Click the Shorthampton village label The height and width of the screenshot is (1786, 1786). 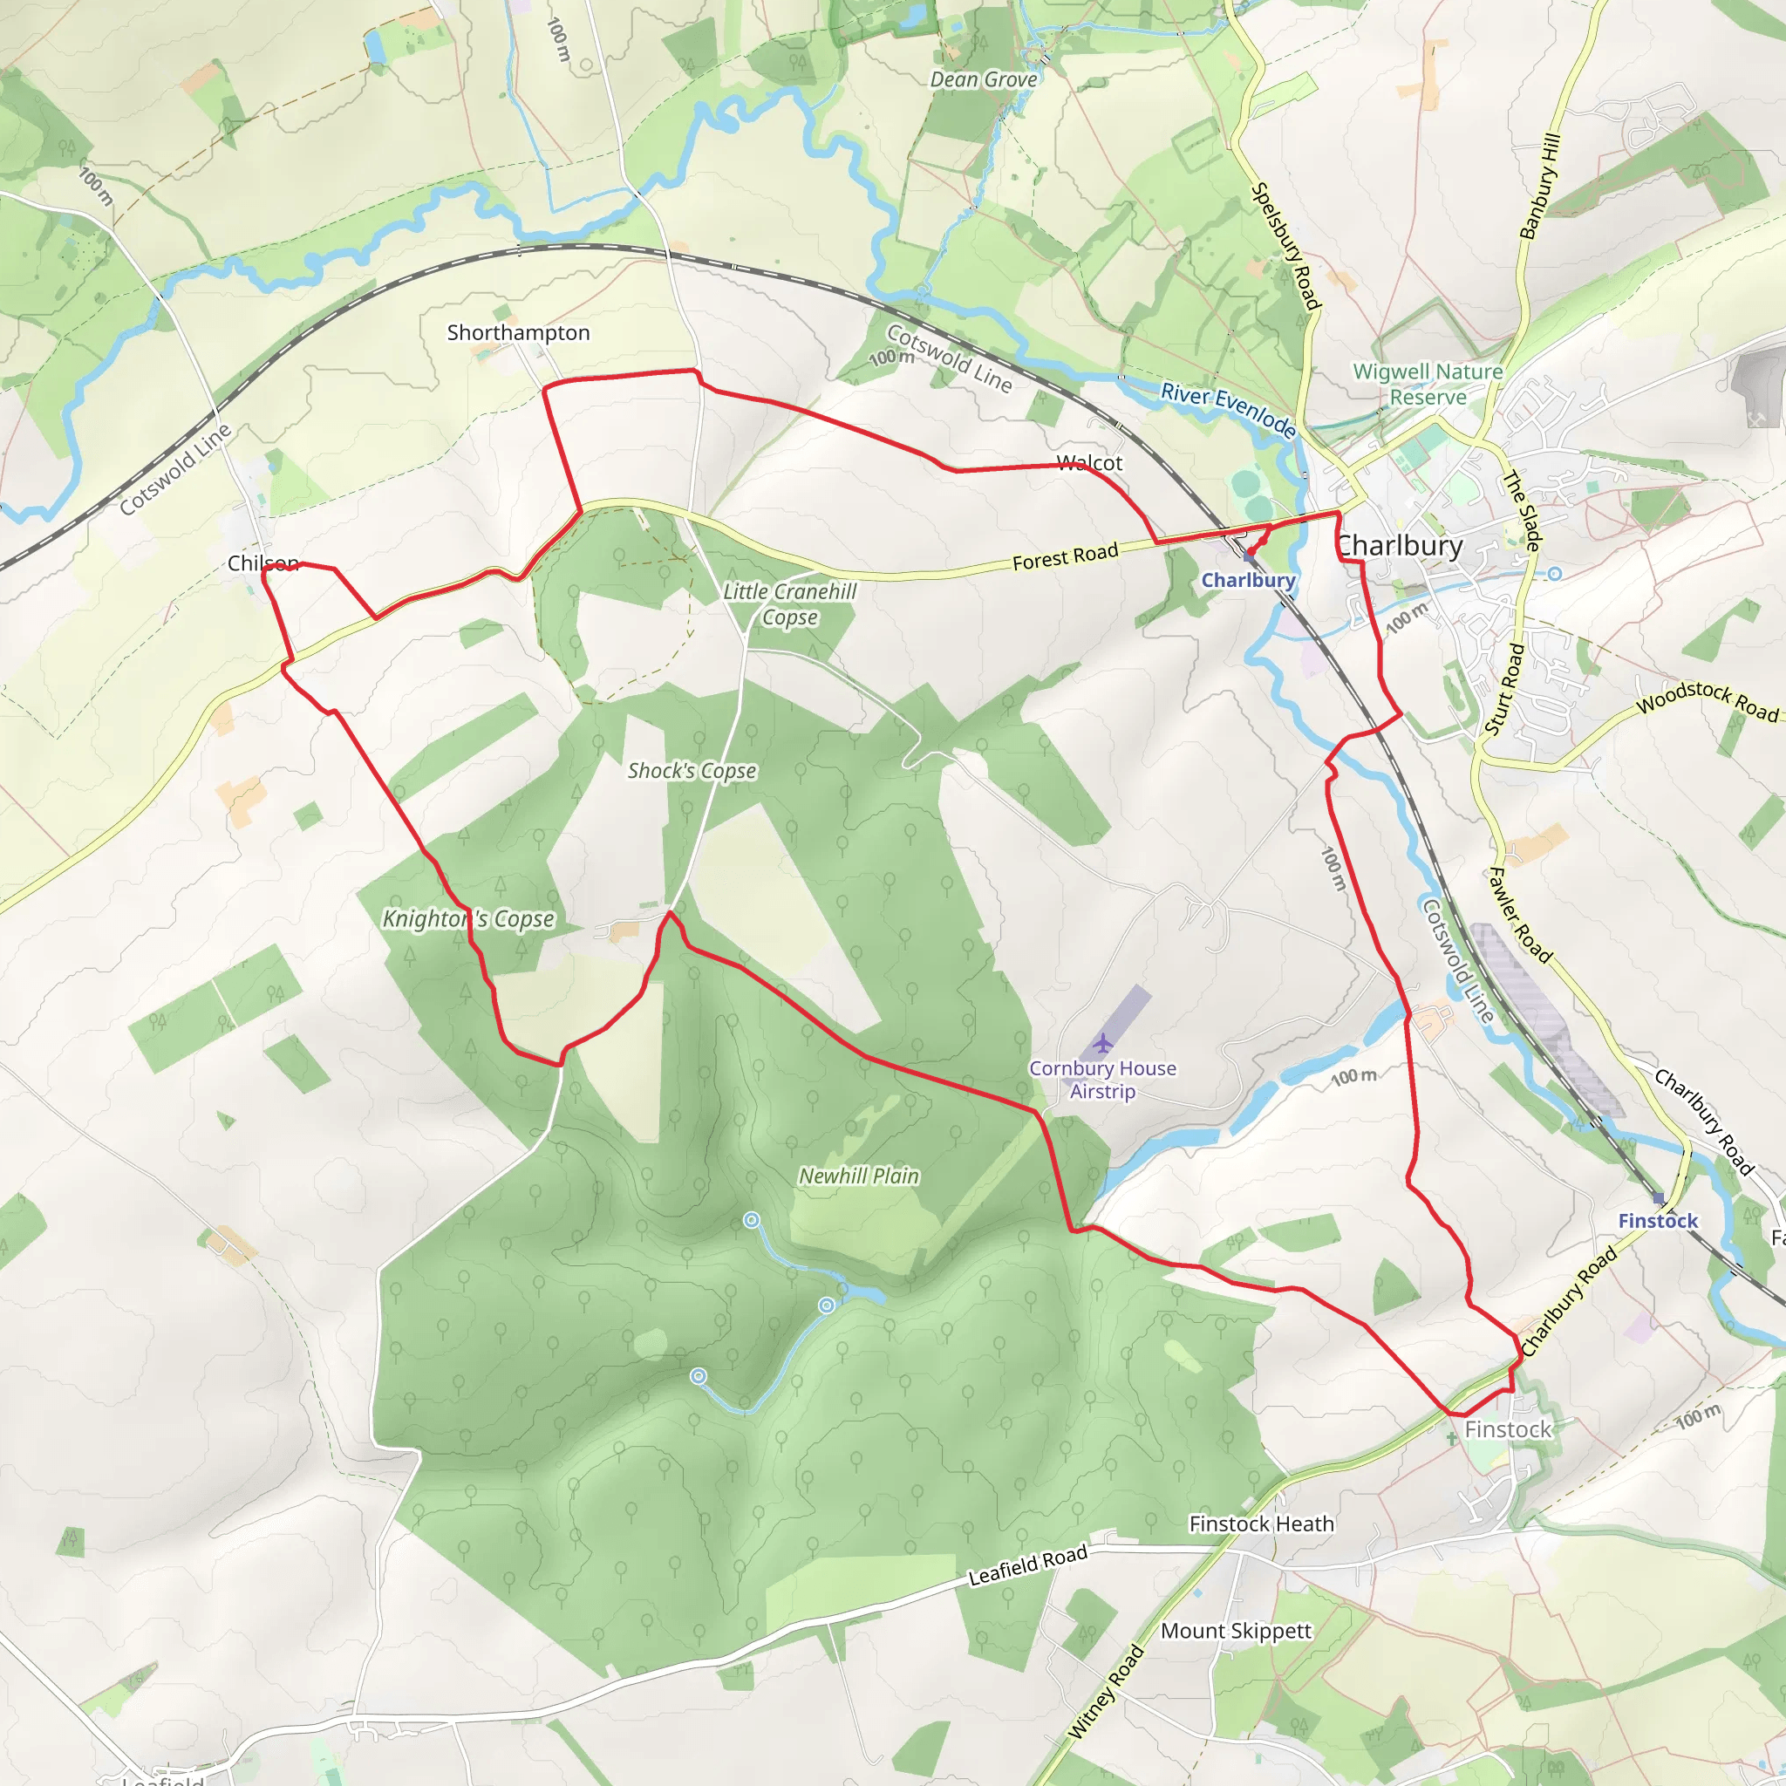pyautogui.click(x=518, y=333)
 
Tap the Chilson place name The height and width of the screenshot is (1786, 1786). pyautogui.click(x=263, y=563)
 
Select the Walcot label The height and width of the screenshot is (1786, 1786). pyautogui.click(x=1089, y=462)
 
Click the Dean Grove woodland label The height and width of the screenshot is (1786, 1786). pyautogui.click(x=984, y=79)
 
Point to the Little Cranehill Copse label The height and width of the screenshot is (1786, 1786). pyautogui.click(x=789, y=604)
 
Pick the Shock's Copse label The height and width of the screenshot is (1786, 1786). pyautogui.click(x=692, y=771)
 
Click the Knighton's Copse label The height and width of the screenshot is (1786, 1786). pyautogui.click(x=468, y=919)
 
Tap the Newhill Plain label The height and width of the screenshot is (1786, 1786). pyautogui.click(x=859, y=1176)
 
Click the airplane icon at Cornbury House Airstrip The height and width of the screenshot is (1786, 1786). pyautogui.click(x=1103, y=1044)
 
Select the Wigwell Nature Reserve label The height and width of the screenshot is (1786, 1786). pyautogui.click(x=1428, y=384)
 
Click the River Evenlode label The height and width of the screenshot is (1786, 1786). pyautogui.click(x=1228, y=410)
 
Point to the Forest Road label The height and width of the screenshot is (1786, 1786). pyautogui.click(x=1065, y=556)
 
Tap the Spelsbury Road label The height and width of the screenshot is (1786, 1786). pyautogui.click(x=1285, y=245)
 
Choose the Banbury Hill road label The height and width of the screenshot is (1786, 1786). pyautogui.click(x=1540, y=186)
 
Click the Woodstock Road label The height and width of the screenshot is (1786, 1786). pyautogui.click(x=1707, y=701)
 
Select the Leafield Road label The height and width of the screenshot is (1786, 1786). pyautogui.click(x=1027, y=1566)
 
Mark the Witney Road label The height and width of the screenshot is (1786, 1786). pyautogui.click(x=1106, y=1693)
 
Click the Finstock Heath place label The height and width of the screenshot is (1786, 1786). pyautogui.click(x=1261, y=1524)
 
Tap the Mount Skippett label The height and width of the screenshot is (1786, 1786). pyautogui.click(x=1235, y=1631)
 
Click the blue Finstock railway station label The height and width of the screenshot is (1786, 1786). pyautogui.click(x=1658, y=1220)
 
